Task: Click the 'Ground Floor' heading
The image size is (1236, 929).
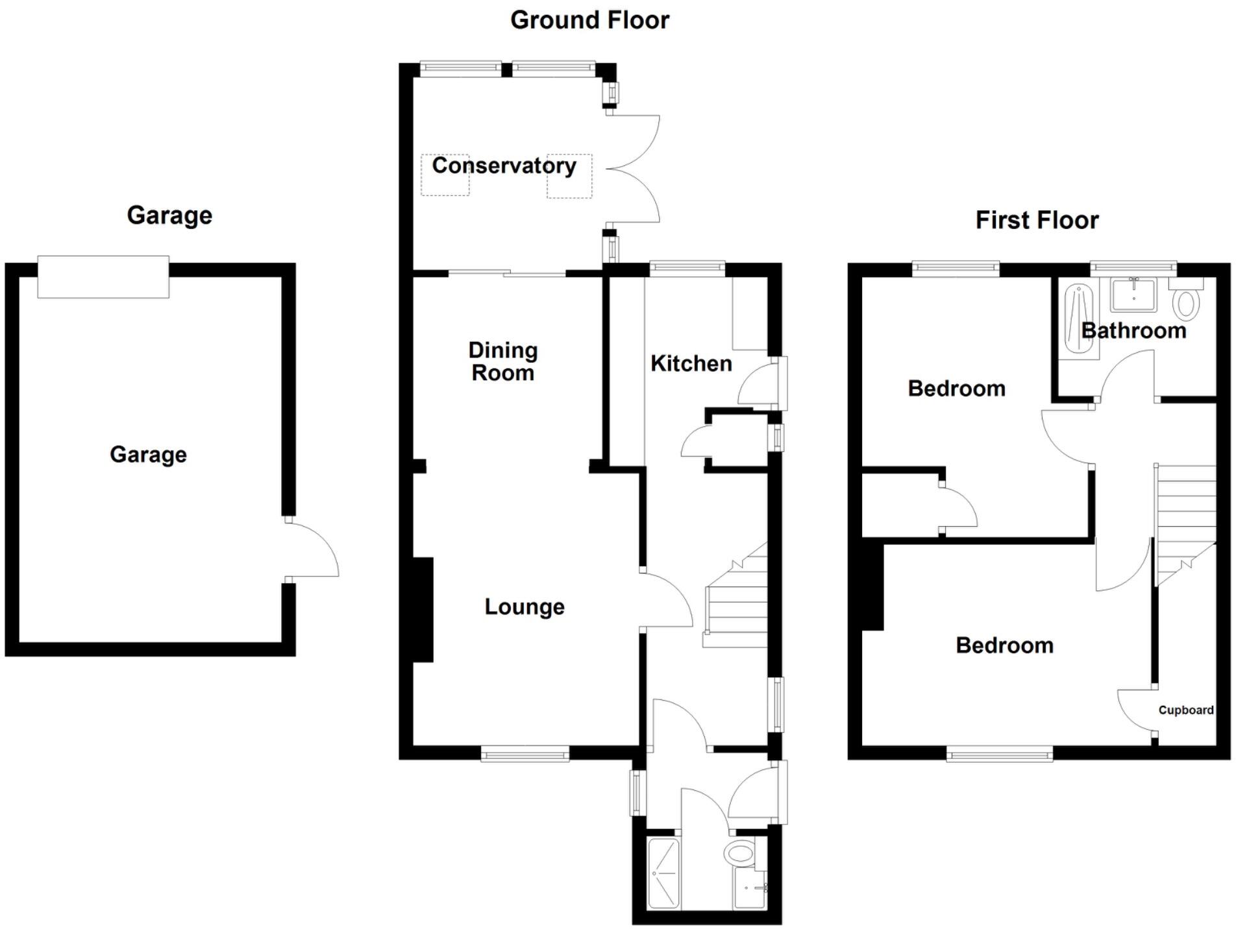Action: (589, 21)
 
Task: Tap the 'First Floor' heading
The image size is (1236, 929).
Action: (1037, 221)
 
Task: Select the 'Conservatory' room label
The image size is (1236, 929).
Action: (504, 166)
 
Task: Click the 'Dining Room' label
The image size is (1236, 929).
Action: (503, 361)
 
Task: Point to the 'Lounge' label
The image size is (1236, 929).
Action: (525, 607)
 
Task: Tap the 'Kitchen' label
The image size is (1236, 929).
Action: (691, 364)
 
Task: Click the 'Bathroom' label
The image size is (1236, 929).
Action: (1133, 331)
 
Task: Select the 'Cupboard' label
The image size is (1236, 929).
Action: (1186, 710)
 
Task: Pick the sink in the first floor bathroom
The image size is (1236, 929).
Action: (1133, 296)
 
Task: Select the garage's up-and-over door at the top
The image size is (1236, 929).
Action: (103, 277)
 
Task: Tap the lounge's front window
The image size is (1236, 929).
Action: (525, 753)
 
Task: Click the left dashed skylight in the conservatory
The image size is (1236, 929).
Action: (445, 175)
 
